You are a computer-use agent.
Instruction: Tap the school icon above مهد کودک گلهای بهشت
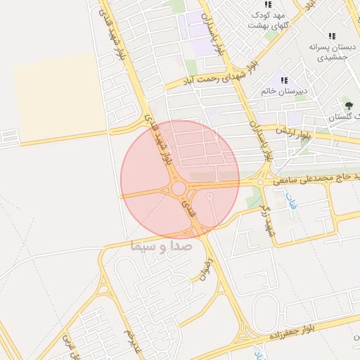(x=267, y=4)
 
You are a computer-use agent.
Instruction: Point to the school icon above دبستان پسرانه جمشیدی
(x=332, y=36)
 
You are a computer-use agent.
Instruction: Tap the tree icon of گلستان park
(x=349, y=106)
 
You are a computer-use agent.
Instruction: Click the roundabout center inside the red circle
(x=179, y=188)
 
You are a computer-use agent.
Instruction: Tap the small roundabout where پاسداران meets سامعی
(x=261, y=182)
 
